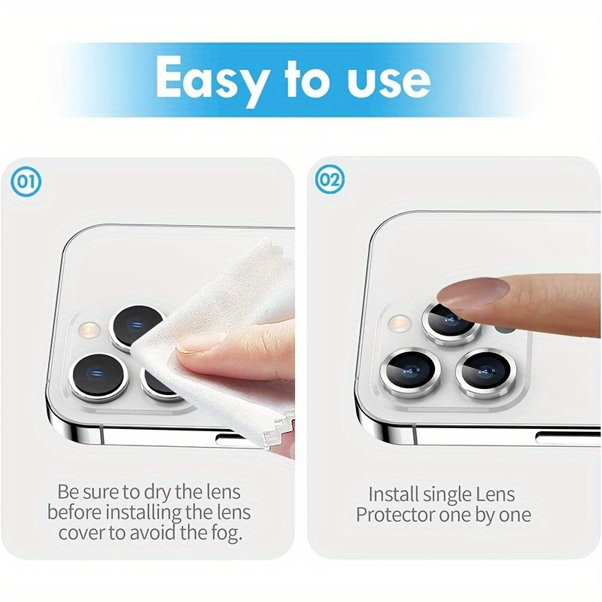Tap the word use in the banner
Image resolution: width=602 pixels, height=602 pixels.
388,80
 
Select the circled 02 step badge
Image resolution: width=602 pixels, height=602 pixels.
330,180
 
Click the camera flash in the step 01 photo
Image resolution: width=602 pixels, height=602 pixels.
90,330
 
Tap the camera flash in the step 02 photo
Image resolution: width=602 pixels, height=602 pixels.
400,324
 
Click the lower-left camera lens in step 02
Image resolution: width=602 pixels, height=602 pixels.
410,372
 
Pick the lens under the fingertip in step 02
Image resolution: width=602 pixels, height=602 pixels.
451,324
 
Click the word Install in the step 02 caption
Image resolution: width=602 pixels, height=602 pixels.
393,494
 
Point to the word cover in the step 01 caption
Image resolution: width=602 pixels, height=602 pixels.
79,534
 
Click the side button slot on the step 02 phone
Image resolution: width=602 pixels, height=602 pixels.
568,435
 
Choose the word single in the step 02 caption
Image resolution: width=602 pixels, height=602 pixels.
447,495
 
